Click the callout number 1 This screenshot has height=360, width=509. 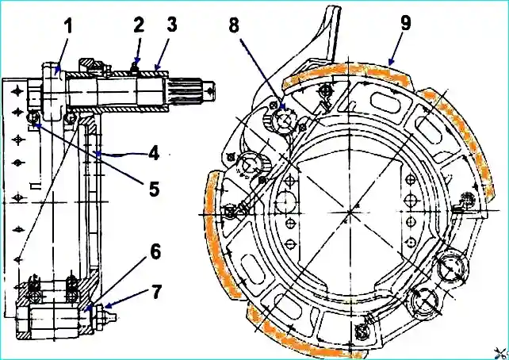click(x=68, y=26)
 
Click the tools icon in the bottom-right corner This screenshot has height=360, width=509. click(x=498, y=350)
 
